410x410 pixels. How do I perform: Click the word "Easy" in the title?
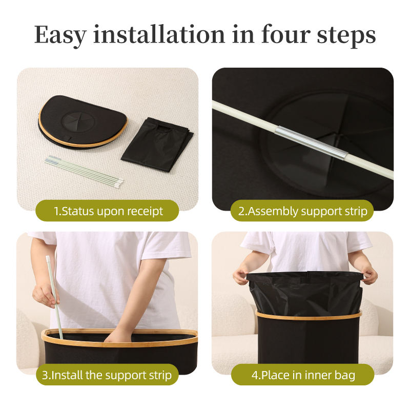pyautogui.click(x=60, y=35)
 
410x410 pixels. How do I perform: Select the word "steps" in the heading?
pyautogui.click(x=346, y=36)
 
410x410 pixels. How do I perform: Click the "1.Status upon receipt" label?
pyautogui.click(x=108, y=211)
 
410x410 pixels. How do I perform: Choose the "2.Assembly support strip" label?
pyautogui.click(x=302, y=211)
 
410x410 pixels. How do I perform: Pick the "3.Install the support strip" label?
pyautogui.click(x=107, y=375)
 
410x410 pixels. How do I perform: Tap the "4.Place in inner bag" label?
pyautogui.click(x=303, y=375)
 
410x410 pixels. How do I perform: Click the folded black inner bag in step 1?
pyautogui.click(x=157, y=145)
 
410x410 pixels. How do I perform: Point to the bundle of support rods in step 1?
pyautogui.click(x=84, y=170)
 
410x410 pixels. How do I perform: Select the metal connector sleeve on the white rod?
pyautogui.click(x=311, y=142)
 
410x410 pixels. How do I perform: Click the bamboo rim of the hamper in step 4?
pyautogui.click(x=309, y=316)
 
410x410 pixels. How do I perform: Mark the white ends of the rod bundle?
pyautogui.click(x=119, y=182)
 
